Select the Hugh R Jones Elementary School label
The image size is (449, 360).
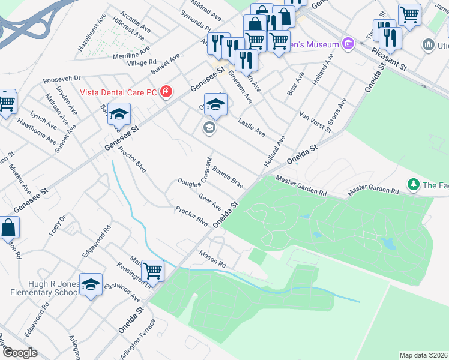(x=44, y=287)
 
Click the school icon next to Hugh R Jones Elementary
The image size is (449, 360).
(x=91, y=285)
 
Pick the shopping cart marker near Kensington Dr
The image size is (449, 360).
(x=152, y=271)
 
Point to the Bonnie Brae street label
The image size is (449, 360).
(x=228, y=178)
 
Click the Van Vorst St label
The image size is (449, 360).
(x=316, y=122)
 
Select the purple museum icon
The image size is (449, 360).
(x=347, y=43)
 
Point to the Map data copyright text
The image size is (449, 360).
(x=424, y=355)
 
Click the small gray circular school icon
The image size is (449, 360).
(x=209, y=127)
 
